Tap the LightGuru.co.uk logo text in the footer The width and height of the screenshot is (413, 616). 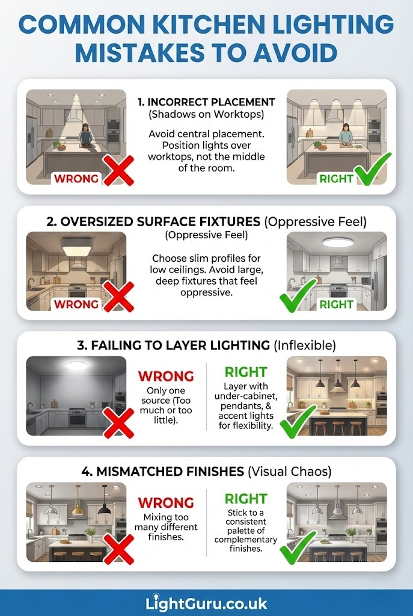pyautogui.click(x=206, y=603)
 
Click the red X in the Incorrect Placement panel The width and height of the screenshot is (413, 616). pyautogui.click(x=118, y=170)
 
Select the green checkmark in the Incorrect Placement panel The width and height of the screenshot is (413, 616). pyautogui.click(x=372, y=169)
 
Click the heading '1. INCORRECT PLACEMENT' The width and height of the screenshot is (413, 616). pyautogui.click(x=206, y=102)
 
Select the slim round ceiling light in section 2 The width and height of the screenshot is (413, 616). pyautogui.click(x=338, y=243)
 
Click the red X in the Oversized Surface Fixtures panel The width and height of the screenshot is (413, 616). pyautogui.click(x=118, y=297)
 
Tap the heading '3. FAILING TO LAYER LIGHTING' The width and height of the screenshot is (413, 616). pyautogui.click(x=174, y=346)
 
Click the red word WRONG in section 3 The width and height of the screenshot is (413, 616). pyautogui.click(x=166, y=377)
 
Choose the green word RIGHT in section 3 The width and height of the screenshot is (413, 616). pyautogui.click(x=246, y=372)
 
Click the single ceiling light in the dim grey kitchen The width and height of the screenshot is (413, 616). pyautogui.click(x=77, y=365)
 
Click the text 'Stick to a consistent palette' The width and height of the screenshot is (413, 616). pyautogui.click(x=246, y=522)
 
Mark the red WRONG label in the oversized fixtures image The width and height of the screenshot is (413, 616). pyautogui.click(x=76, y=304)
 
